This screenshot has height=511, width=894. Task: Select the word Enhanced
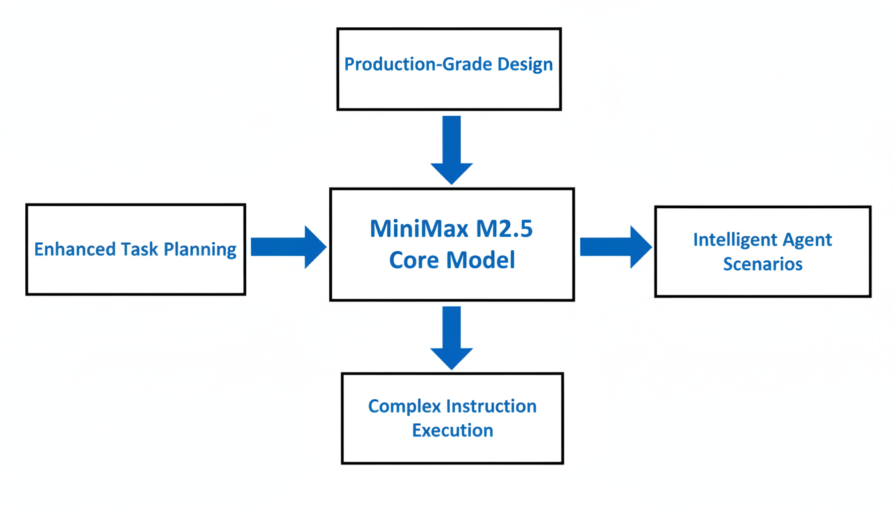[74, 249]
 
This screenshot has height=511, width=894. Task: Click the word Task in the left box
[139, 249]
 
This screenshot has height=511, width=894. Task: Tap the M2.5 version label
[504, 229]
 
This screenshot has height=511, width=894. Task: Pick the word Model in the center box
[480, 260]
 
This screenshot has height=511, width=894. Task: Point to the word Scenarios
[763, 264]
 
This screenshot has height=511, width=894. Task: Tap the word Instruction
[492, 407]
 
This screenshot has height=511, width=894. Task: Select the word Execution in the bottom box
[452, 430]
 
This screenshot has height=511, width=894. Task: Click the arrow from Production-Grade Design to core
[452, 150]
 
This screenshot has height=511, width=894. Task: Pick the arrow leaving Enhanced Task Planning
[289, 247]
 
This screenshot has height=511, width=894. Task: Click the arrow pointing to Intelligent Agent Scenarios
[616, 247]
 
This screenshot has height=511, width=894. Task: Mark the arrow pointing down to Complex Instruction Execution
[452, 338]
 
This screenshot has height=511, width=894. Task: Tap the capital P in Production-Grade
[349, 65]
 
